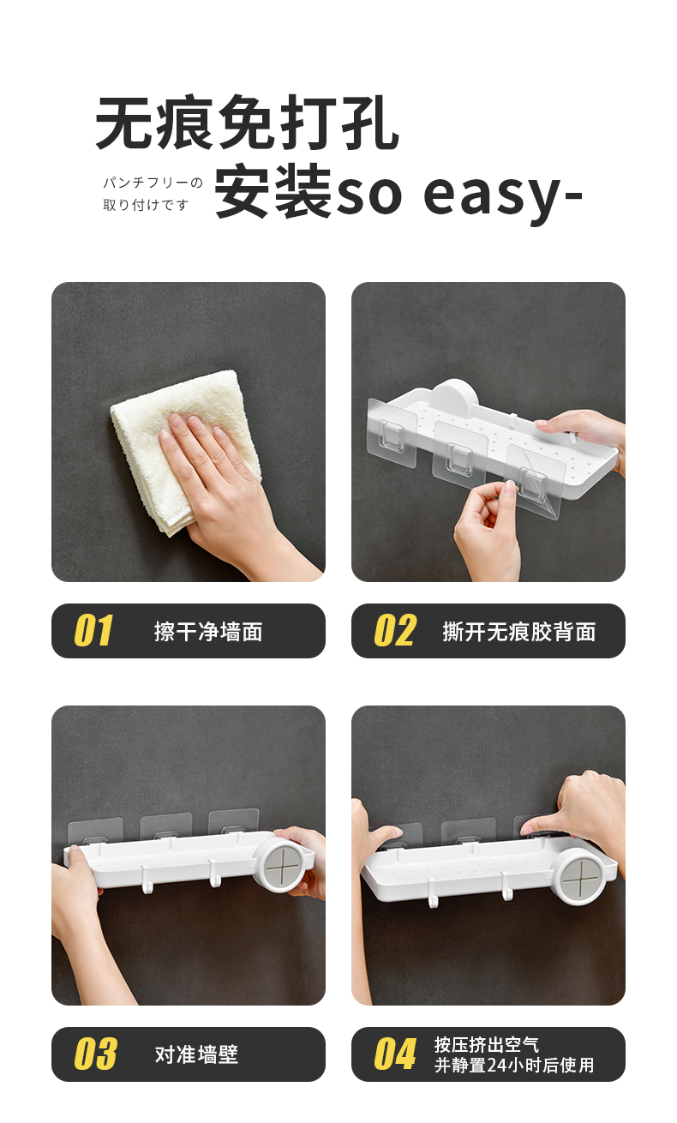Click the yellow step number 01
pyautogui.click(x=93, y=630)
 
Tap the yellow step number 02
pyautogui.click(x=395, y=630)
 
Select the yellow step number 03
pyautogui.click(x=95, y=1054)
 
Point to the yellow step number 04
pyautogui.click(x=395, y=1054)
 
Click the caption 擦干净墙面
pyautogui.click(x=208, y=631)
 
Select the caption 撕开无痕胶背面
pyautogui.click(x=519, y=631)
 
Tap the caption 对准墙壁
pyautogui.click(x=196, y=1054)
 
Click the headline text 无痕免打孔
pyautogui.click(x=247, y=123)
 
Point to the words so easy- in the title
pyautogui.click(x=458, y=195)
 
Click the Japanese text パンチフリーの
pyautogui.click(x=153, y=183)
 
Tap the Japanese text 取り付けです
pyautogui.click(x=146, y=205)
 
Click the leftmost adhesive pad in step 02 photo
pyautogui.click(x=392, y=432)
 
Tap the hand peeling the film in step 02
pyautogui.click(x=487, y=532)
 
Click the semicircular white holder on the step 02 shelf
pyautogui.click(x=456, y=393)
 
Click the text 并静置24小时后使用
pyautogui.click(x=514, y=1065)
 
